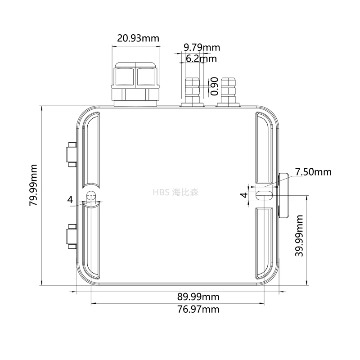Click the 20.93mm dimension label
[x=138, y=38]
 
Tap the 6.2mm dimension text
[x=201, y=58]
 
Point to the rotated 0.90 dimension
[x=215, y=86]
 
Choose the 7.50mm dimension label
[x=313, y=172]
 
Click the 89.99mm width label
[x=198, y=297]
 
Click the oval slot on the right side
[x=263, y=195]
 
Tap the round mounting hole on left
[x=91, y=197]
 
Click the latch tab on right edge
[x=283, y=195]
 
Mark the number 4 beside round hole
[x=70, y=198]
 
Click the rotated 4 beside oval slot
[x=243, y=195]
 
